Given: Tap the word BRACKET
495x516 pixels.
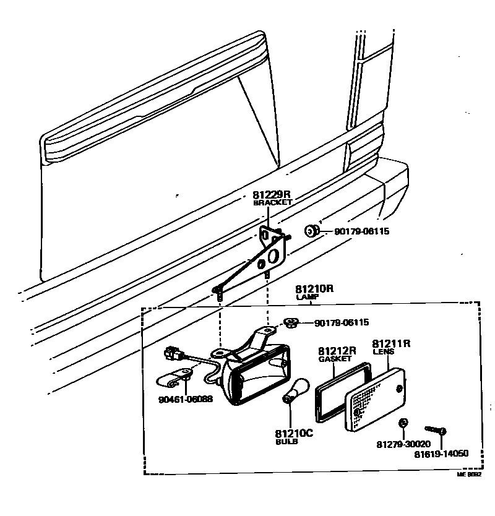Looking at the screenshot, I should [x=273, y=203].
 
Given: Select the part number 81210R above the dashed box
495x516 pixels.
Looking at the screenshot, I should [x=314, y=289].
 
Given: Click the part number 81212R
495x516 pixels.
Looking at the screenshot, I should [x=337, y=351].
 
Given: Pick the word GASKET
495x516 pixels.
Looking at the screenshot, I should [x=335, y=359].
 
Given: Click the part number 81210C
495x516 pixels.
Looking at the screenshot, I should [x=295, y=433].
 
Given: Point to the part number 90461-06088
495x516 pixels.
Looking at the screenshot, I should [x=186, y=399].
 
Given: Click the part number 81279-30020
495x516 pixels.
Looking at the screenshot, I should [x=403, y=444].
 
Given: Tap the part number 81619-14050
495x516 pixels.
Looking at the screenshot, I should [x=442, y=453].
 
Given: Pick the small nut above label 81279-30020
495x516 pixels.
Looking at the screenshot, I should [x=403, y=424].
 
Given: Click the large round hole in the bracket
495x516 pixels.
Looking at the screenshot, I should [x=274, y=253].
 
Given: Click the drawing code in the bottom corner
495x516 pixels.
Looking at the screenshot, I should [x=468, y=475].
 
